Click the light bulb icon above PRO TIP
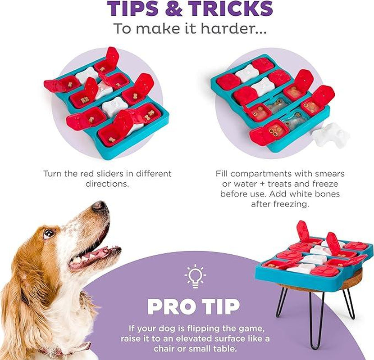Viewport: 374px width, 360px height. point(195,276)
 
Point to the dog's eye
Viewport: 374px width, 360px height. point(49,234)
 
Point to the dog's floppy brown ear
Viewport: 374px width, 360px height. point(20,270)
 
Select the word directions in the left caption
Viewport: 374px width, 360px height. point(107,184)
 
